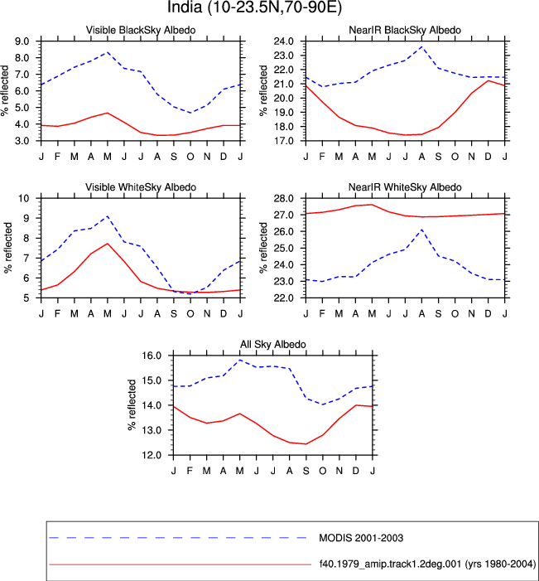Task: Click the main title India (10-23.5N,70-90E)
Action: click(x=255, y=7)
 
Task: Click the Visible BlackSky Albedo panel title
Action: click(x=141, y=30)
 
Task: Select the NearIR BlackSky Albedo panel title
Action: click(x=405, y=30)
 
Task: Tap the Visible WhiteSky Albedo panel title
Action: click(x=141, y=187)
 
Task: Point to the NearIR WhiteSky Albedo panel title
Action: click(x=405, y=187)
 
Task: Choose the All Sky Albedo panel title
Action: click(x=273, y=344)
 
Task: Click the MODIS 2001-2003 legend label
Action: click(x=361, y=538)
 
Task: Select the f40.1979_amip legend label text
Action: click(x=427, y=564)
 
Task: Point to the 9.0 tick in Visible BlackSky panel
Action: click(x=22, y=41)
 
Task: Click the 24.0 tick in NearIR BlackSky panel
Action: click(x=284, y=41)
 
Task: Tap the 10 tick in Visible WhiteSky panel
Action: click(x=24, y=198)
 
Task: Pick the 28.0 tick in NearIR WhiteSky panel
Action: click(x=284, y=198)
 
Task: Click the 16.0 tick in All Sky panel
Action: click(x=152, y=356)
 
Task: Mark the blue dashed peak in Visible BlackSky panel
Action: click(x=108, y=52)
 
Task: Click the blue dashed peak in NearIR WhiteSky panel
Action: click(x=421, y=230)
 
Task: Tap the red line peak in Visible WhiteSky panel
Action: click(x=108, y=244)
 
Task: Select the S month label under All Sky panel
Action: click(x=306, y=471)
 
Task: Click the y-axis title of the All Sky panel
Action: click(x=132, y=405)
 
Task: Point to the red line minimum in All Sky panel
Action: click(x=306, y=444)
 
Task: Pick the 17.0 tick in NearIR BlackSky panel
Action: click(x=284, y=141)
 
